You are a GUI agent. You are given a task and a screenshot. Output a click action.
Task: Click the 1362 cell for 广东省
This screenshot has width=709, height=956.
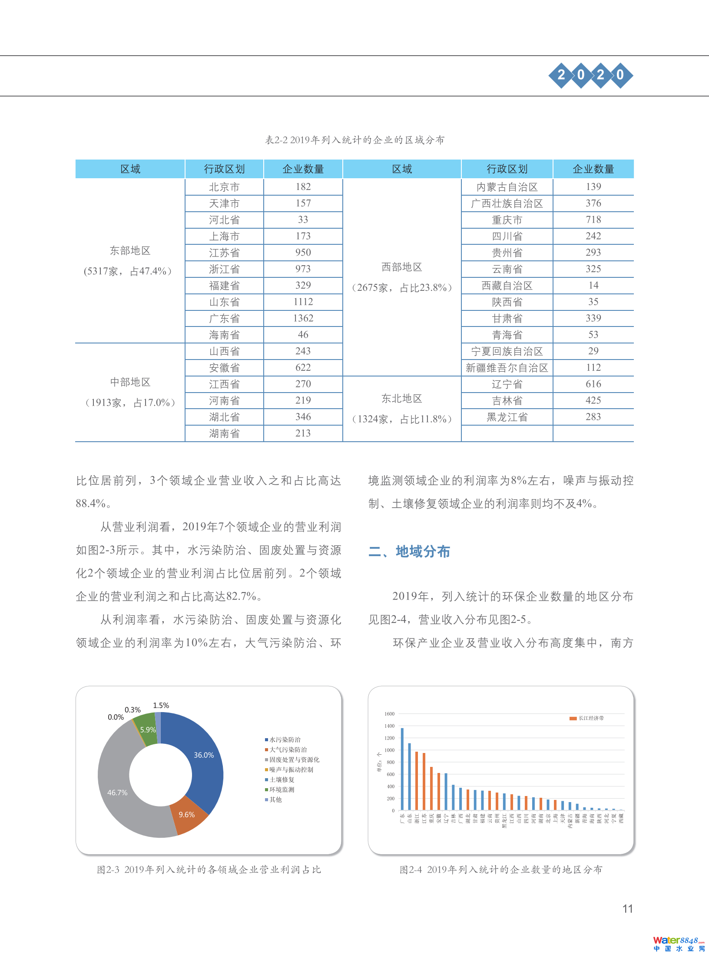click(303, 318)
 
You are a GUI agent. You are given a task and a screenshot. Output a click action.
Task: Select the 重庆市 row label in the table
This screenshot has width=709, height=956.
click(507, 220)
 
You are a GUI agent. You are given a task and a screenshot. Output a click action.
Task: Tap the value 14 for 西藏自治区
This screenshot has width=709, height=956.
click(593, 285)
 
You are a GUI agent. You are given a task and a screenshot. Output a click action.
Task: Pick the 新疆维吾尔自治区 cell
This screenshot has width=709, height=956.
click(507, 368)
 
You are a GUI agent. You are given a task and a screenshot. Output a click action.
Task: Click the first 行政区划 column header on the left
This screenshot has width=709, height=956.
click(224, 169)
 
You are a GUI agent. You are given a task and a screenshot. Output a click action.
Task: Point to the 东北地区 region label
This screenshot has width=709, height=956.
click(401, 399)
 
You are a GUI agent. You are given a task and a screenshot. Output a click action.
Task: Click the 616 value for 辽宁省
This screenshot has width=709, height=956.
click(593, 384)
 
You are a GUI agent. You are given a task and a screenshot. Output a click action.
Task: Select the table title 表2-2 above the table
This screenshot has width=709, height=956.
click(354, 140)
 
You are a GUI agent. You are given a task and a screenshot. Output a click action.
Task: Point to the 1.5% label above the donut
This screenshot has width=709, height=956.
click(161, 705)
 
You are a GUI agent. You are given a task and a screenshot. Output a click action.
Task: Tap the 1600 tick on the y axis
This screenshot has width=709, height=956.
click(389, 714)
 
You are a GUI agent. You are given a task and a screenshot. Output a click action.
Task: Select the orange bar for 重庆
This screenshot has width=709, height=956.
click(431, 789)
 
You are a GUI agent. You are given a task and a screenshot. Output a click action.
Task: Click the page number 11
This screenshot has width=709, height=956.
click(627, 909)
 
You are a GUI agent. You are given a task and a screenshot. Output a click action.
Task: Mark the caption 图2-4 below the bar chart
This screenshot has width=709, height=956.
click(501, 869)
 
